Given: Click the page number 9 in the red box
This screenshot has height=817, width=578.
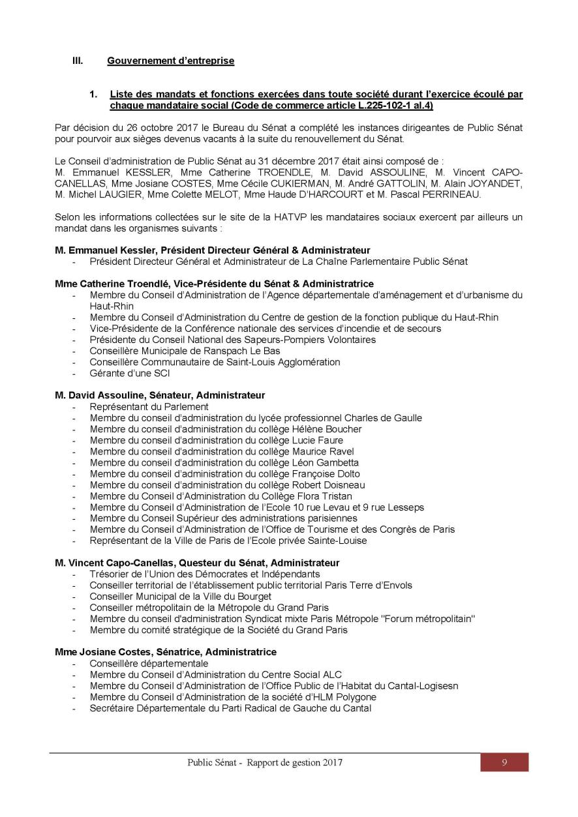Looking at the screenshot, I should tap(504, 762).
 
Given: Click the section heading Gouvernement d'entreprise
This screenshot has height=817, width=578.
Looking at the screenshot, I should tap(170, 61).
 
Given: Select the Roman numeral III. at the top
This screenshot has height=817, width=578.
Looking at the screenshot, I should tap(78, 61).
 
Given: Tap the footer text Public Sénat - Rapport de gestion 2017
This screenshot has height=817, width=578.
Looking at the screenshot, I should tap(265, 762).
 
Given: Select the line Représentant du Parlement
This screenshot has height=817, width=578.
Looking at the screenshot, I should tap(149, 407).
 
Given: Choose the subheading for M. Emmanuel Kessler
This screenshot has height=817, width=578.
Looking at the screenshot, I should tap(213, 250).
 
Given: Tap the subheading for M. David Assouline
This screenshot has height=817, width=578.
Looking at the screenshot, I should tap(160, 395).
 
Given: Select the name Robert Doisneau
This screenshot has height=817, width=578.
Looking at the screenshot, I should tap(331, 485).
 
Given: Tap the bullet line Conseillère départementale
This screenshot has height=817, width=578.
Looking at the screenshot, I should tap(149, 663).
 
